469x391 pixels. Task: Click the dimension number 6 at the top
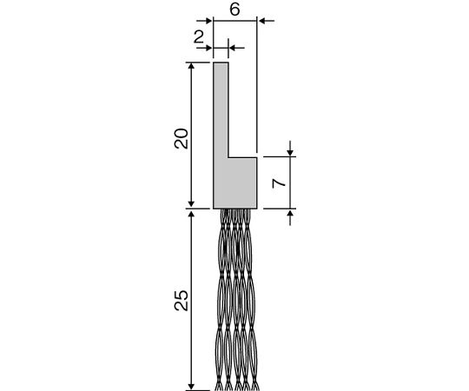point(234,10)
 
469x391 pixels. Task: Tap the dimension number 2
point(199,37)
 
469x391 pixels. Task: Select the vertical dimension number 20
point(182,138)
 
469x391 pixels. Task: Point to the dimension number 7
point(279,183)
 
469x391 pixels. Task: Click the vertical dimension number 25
point(182,301)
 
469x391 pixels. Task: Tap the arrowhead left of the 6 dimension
point(208,21)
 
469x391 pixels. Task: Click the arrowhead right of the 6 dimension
point(261,21)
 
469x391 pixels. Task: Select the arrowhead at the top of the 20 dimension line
point(191,66)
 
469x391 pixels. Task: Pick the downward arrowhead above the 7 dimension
point(290,153)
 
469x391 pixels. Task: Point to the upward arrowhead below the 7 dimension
point(290,212)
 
